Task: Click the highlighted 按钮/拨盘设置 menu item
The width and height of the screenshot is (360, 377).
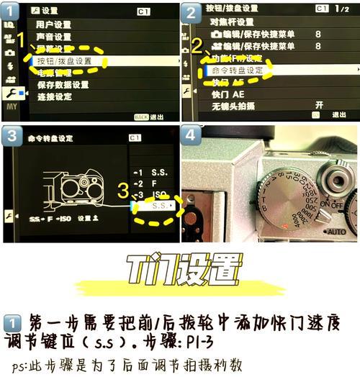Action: coord(65,60)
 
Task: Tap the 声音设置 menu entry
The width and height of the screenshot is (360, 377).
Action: coord(54,37)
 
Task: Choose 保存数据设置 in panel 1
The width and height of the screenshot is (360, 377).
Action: coord(63,85)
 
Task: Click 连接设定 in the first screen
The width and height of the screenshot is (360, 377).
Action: coord(54,96)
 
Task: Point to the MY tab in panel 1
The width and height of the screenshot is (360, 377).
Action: coord(10,106)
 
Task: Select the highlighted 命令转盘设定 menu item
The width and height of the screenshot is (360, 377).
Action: coord(237,71)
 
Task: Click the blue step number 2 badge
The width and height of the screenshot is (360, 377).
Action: coord(191,12)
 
